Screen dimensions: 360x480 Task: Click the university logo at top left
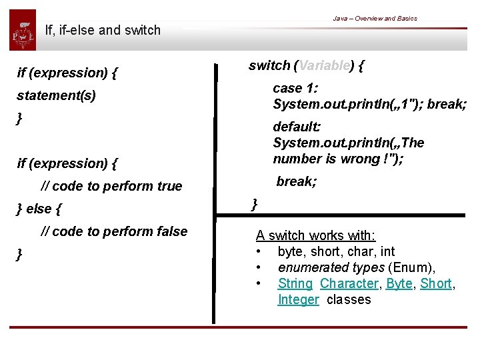coord(23,30)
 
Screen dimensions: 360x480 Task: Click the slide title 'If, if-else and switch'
coord(103,30)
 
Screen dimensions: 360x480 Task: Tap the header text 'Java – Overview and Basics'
coord(375,18)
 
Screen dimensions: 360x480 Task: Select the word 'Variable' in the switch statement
coord(324,65)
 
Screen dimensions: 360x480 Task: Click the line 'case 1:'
coord(295,88)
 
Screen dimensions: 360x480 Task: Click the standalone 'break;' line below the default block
coord(297,181)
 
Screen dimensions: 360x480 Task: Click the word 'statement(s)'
coord(56,95)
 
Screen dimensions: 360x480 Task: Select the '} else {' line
coord(39,209)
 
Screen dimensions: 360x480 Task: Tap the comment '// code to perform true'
coord(111,186)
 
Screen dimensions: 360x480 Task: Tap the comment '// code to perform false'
coord(114,231)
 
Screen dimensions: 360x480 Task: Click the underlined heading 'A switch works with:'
coord(316,235)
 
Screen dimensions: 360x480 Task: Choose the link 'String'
coord(295,283)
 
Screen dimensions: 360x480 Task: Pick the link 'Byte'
coord(399,283)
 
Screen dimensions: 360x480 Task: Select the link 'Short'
coord(435,283)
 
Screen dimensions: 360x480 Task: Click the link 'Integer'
coord(298,299)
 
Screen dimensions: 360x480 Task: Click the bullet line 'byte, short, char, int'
coord(336,251)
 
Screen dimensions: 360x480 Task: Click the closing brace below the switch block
coord(254,204)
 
